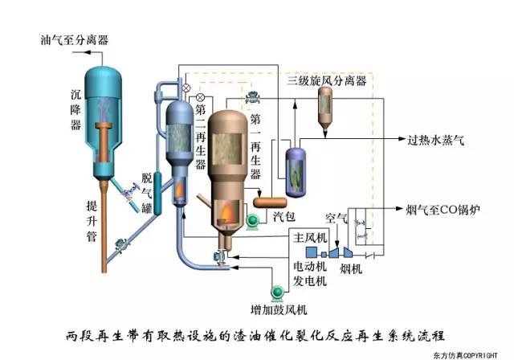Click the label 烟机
tap(351, 268)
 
